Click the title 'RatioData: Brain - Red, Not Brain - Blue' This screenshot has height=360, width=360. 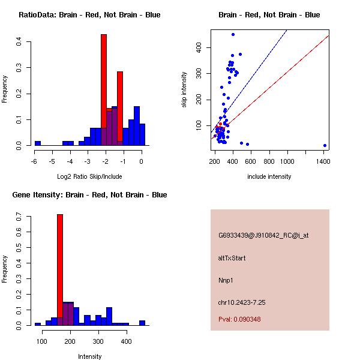89,14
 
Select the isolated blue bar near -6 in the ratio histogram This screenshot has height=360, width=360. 38,143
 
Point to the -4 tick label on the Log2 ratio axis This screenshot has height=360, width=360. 70,161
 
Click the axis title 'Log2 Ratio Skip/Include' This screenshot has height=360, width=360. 88,176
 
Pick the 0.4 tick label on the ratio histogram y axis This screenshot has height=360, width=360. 19,41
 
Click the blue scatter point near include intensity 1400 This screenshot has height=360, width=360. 325,145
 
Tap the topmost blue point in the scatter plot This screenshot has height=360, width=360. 233,34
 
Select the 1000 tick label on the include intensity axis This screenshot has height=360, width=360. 287,161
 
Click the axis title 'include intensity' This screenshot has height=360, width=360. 269,176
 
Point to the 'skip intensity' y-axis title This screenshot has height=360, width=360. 185,90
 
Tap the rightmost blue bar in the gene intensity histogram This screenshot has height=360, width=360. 142,323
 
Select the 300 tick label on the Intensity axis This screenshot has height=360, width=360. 98,341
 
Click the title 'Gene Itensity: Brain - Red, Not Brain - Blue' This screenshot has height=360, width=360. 89,194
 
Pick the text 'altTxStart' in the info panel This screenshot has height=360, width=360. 232,258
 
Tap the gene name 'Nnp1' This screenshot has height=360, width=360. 226,280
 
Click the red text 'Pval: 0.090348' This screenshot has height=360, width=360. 239,319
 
